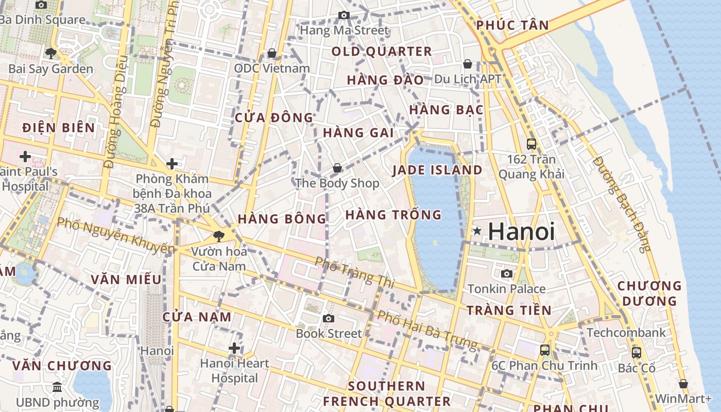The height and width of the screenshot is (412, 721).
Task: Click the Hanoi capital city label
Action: [521, 231]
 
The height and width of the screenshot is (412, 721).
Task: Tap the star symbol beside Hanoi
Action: [477, 231]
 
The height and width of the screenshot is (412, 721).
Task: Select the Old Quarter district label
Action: [382, 51]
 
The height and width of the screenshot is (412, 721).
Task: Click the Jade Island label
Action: [437, 170]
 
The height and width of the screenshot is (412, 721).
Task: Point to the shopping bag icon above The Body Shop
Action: [337, 168]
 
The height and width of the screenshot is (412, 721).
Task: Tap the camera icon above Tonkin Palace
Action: [507, 273]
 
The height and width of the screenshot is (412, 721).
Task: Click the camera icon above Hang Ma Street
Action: [344, 15]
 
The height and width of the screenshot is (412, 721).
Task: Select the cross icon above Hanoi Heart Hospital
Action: [234, 349]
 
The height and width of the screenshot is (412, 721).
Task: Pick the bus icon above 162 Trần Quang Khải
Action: [531, 144]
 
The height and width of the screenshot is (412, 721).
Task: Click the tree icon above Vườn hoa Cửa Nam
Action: [219, 236]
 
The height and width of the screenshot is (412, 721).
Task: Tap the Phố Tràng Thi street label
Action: [354, 272]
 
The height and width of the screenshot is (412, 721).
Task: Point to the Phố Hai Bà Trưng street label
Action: [427, 329]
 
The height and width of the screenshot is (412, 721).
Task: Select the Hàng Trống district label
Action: [393, 215]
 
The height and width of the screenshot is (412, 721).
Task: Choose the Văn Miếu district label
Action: [126, 280]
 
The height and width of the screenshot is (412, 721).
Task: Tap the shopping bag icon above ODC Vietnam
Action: [271, 53]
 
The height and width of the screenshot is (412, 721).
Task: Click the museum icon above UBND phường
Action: [57, 387]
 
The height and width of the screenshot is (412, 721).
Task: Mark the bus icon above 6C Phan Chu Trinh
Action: [545, 350]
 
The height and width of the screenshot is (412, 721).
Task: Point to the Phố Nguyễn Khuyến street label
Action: [115, 235]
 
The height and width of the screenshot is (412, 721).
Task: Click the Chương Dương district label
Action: [649, 293]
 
